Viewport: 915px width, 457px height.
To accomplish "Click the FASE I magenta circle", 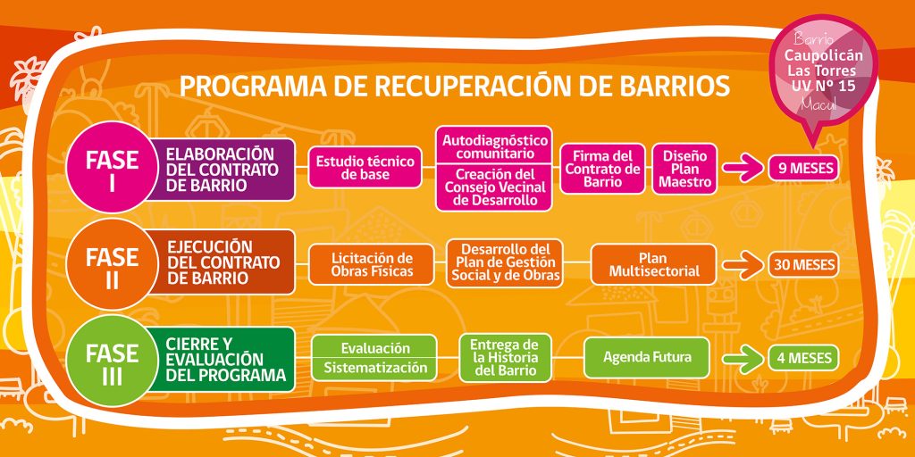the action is coord(112,167).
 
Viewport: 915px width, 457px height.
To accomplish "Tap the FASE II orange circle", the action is coord(112,264).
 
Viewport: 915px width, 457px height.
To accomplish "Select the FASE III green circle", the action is coord(112,361).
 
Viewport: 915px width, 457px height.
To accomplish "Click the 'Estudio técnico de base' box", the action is coord(365,167).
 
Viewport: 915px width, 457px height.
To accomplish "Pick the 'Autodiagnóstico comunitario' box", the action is coord(495,145).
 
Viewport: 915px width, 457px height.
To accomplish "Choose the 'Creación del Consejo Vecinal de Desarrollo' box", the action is coord(495,188).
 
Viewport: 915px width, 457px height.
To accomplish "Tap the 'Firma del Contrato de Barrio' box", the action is coord(603,169).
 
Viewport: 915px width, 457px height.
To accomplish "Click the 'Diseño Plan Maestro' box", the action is coord(684,169).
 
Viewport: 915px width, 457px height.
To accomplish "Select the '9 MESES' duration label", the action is coord(803,169).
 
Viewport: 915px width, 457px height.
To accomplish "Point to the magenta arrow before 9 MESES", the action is coord(743,169).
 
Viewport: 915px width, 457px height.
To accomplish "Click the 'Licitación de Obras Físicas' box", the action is coord(371,264).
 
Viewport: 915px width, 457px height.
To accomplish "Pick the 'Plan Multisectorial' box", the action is coord(653,264).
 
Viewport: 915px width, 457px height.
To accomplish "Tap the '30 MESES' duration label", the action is coord(803,264).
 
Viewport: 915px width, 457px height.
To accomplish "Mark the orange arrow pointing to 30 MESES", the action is coord(743,265).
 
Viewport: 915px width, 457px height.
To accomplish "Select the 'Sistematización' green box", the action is coord(374,369).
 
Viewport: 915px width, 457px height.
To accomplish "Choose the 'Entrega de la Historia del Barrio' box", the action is coord(505,358).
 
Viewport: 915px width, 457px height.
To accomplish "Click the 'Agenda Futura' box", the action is coord(647,357).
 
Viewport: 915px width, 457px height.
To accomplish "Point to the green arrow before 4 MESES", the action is coord(743,359).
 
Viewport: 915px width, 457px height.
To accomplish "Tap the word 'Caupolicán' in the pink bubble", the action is coord(823,56).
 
